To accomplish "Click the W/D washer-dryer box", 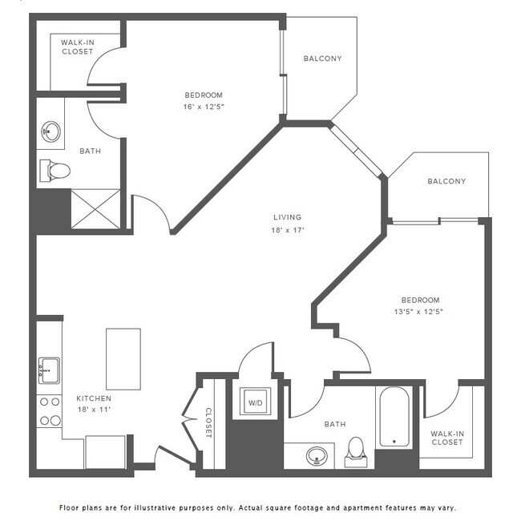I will pos(256,402).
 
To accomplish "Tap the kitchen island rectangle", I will pos(123,358).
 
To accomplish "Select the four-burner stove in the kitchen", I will pos(50,410).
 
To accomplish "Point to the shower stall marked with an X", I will pos(95,207).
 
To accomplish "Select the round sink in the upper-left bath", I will pos(52,131).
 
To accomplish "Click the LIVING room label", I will pos(287,217).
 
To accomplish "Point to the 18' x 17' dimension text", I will pos(287,230).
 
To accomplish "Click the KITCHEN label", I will pos(94,398).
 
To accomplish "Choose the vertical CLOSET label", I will pos(208,422).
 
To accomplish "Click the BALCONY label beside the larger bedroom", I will pos(322,59).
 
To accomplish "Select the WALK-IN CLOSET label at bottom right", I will pos(447,438).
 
